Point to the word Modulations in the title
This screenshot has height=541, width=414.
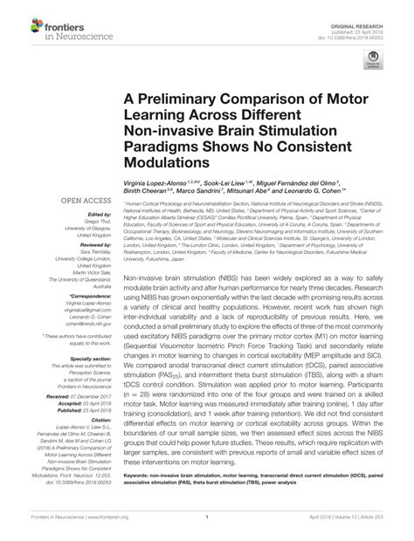coord(171,164)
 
